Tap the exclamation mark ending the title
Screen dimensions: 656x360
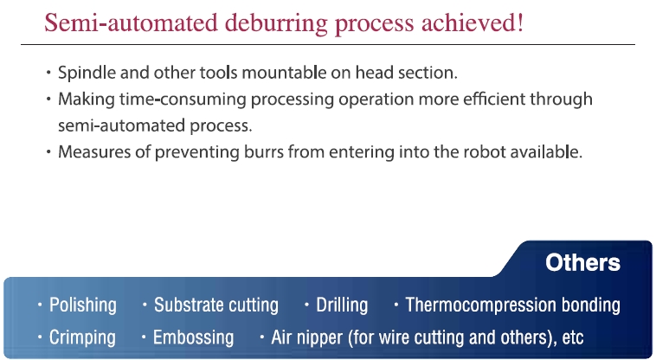click(x=520, y=22)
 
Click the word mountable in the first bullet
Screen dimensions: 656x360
click(x=284, y=73)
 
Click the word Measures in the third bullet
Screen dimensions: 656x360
click(x=94, y=151)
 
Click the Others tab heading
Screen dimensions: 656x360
click(x=582, y=262)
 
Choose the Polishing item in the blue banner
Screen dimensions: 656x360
click(x=83, y=305)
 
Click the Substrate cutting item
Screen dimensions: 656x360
click(x=216, y=305)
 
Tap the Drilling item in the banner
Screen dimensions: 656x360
click(x=342, y=305)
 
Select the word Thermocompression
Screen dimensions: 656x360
click(x=480, y=305)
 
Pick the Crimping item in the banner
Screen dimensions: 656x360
click(x=82, y=337)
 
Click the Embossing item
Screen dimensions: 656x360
click(x=193, y=337)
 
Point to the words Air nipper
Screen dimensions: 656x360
click(x=306, y=337)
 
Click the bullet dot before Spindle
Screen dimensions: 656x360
click(x=48, y=73)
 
